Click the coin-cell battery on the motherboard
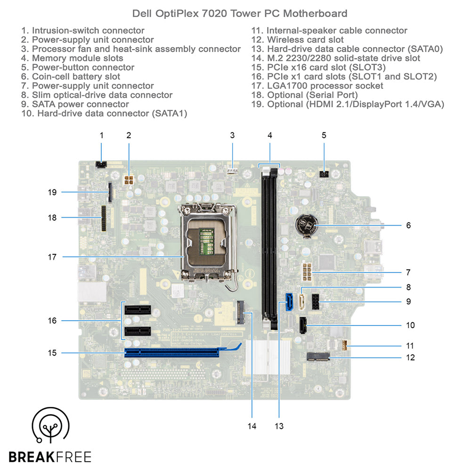307,225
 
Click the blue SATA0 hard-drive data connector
289,302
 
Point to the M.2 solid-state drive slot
241,311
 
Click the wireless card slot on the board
318,357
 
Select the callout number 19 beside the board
52,192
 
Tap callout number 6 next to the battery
408,225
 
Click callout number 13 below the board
279,426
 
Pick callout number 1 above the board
101,135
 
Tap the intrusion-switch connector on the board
100,164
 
